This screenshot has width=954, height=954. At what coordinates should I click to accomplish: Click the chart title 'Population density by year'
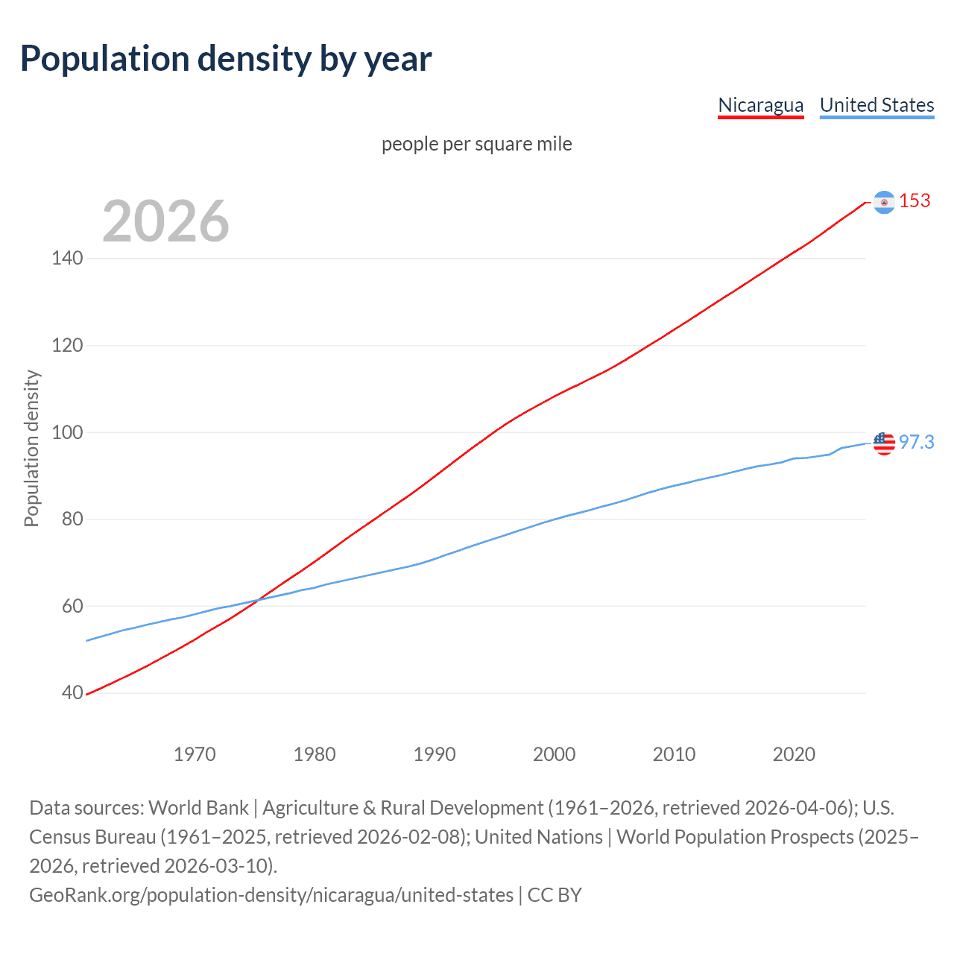coord(226,59)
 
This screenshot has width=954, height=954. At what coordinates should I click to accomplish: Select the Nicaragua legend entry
coord(760,105)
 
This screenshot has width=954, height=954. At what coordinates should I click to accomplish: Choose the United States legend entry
coord(876,105)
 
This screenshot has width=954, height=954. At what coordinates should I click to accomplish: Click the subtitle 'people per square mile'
coord(476,144)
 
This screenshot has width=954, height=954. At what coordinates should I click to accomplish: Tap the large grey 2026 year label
coord(165,221)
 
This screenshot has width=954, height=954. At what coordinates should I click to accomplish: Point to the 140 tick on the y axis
coord(67,259)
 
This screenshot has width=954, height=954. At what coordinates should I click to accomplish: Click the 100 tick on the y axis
coord(67,432)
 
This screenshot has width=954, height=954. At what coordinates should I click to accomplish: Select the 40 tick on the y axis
coord(72,693)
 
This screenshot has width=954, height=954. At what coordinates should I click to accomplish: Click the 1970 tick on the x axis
coord(195,754)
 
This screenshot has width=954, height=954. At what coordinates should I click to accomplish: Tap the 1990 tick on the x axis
coord(435,754)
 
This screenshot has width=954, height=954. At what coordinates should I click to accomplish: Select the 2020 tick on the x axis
coord(794,754)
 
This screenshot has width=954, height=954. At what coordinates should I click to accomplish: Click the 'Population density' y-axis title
coord(31,449)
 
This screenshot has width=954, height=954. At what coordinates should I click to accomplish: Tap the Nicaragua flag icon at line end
coord(884,202)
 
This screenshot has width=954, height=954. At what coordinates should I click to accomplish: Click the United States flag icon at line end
coord(884,443)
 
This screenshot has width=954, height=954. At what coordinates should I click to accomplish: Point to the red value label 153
coord(914,201)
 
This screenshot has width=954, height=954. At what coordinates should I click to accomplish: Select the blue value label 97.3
coord(916,443)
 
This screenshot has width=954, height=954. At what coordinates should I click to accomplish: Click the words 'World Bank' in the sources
coord(198,808)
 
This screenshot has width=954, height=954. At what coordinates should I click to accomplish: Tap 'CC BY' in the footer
coord(554,895)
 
